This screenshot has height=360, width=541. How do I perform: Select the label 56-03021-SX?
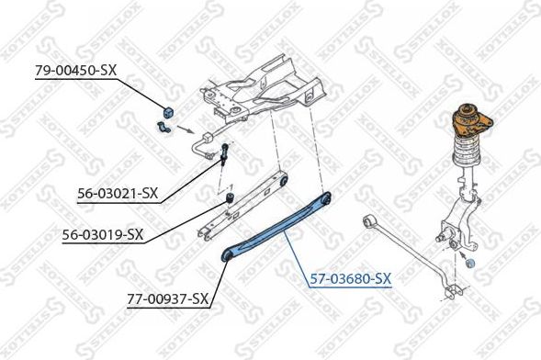pos(118,194)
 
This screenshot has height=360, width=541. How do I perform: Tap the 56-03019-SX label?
pos(102,234)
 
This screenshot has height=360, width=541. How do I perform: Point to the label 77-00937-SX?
pos(166,298)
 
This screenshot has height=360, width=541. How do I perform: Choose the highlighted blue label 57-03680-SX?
pos(349,276)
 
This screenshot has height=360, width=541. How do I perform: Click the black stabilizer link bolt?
pos(224,156)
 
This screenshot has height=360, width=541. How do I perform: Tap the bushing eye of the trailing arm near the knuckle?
pos(368,219)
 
